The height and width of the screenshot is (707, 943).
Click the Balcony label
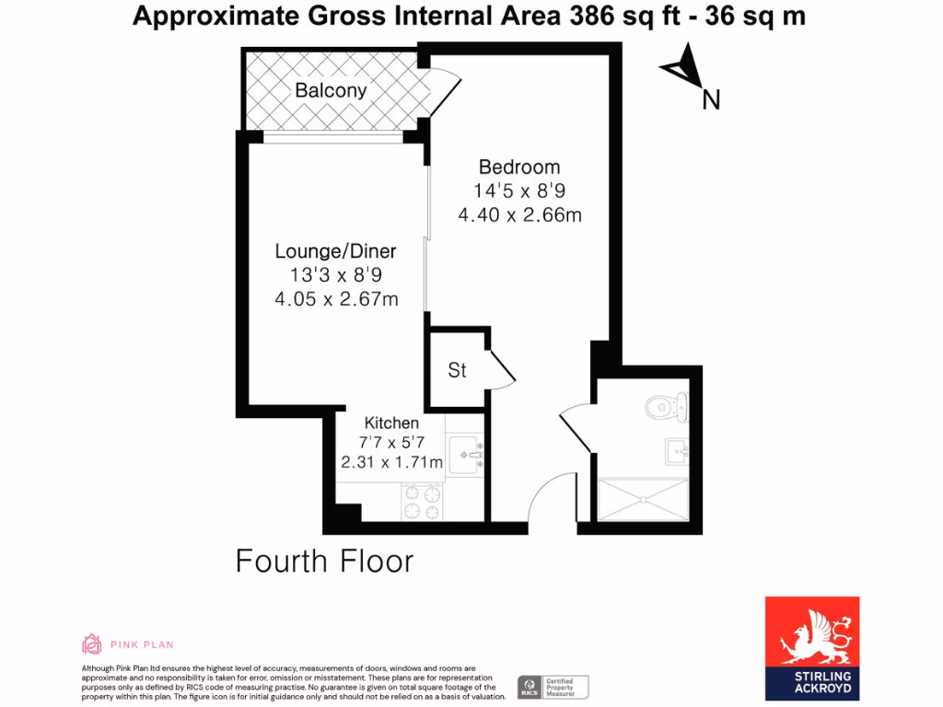pyautogui.click(x=331, y=90)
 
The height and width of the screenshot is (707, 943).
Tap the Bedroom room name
pyautogui.click(x=519, y=168)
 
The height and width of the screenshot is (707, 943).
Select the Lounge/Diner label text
pyautogui.click(x=336, y=251)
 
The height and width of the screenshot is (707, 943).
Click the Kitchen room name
pyautogui.click(x=391, y=423)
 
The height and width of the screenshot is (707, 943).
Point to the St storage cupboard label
pyautogui.click(x=457, y=370)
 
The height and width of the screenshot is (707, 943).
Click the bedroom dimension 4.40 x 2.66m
pyautogui.click(x=519, y=215)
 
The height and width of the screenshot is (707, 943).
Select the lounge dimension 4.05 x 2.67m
pyautogui.click(x=336, y=299)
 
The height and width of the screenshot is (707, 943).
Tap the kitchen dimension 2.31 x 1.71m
pyautogui.click(x=391, y=462)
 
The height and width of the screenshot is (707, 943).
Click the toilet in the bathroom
pyautogui.click(x=666, y=404)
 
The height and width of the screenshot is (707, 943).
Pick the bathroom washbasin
pyautogui.click(x=677, y=451)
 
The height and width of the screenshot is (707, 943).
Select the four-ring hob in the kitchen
pyautogui.click(x=423, y=502)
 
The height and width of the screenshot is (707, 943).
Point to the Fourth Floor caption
pyautogui.click(x=324, y=561)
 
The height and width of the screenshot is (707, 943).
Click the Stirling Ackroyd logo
pyautogui.click(x=812, y=647)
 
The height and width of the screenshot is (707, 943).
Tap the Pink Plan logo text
pyautogui.click(x=142, y=644)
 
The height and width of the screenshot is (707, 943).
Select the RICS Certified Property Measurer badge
pyautogui.click(x=553, y=687)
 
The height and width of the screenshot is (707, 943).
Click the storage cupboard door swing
pyautogui.click(x=500, y=368)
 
